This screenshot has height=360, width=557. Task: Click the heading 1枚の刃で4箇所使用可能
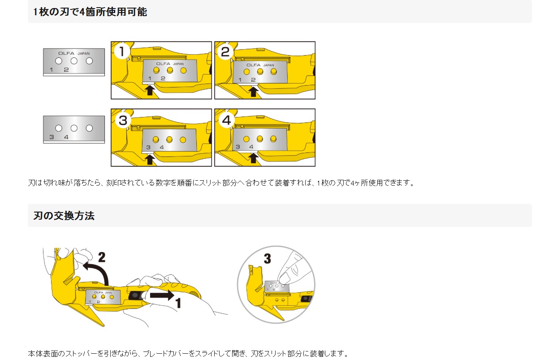click(90, 12)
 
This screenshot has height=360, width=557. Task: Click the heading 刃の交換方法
click(64, 216)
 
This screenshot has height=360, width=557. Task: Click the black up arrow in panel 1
click(149, 91)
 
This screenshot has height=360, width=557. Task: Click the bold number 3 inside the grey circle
click(267, 259)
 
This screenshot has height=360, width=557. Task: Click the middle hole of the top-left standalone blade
click(74, 61)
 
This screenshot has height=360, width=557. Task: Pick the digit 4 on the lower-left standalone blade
click(66, 137)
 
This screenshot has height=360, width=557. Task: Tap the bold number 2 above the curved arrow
click(102, 257)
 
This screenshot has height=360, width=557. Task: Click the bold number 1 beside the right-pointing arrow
click(178, 303)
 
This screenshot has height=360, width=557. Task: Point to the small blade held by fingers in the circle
click(277, 286)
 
